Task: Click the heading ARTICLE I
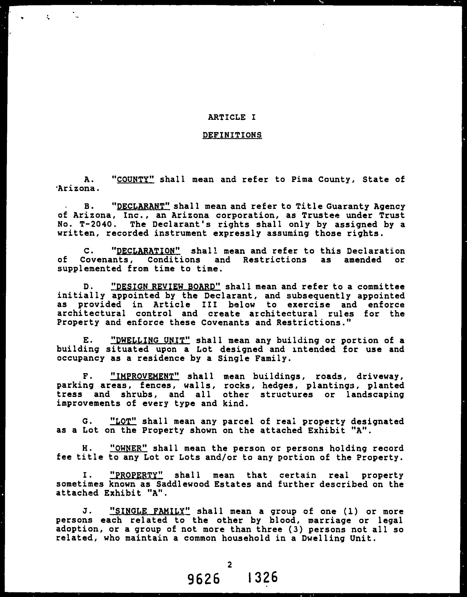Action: coord(232,117)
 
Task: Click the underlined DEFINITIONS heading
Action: coord(232,135)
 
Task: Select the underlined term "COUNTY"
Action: coord(133,179)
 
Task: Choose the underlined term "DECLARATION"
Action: coord(145,251)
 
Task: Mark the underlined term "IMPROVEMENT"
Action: coord(145,376)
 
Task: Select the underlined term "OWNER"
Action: coord(129,448)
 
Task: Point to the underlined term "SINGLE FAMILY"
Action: coord(150,511)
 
